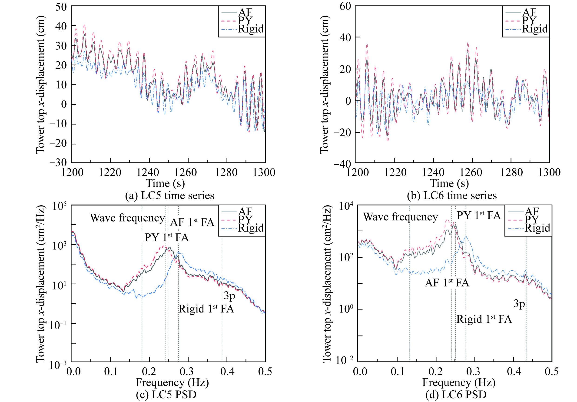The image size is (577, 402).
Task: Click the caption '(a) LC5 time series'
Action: coord(170,196)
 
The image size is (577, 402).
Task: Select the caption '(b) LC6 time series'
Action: coord(452,196)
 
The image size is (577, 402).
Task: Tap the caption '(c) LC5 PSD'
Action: coord(166,395)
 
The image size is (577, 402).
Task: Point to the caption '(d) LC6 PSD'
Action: coord(456,395)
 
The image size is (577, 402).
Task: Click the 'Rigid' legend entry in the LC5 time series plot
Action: coord(251,29)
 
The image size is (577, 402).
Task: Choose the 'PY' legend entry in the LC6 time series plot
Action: coord(529,21)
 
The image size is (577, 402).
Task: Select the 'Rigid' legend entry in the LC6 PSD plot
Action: coord(537,228)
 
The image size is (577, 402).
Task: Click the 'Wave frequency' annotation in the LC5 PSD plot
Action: coord(127,218)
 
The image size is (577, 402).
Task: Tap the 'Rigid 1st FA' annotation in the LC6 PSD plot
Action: coord(484,319)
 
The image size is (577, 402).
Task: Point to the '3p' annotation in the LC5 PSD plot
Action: coord(229,296)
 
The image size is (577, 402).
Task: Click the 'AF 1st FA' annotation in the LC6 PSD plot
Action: coord(447,283)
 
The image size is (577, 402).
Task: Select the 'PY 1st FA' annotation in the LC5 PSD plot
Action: coord(167,237)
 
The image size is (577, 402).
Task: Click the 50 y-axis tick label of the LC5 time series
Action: coord(61,7)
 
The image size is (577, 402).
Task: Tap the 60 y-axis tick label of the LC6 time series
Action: coord(345,6)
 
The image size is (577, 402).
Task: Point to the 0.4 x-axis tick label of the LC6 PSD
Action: coord(514,371)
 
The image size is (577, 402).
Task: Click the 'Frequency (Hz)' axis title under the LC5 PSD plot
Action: coord(172,382)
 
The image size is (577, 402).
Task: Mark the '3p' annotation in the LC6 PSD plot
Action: coord(519,304)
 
